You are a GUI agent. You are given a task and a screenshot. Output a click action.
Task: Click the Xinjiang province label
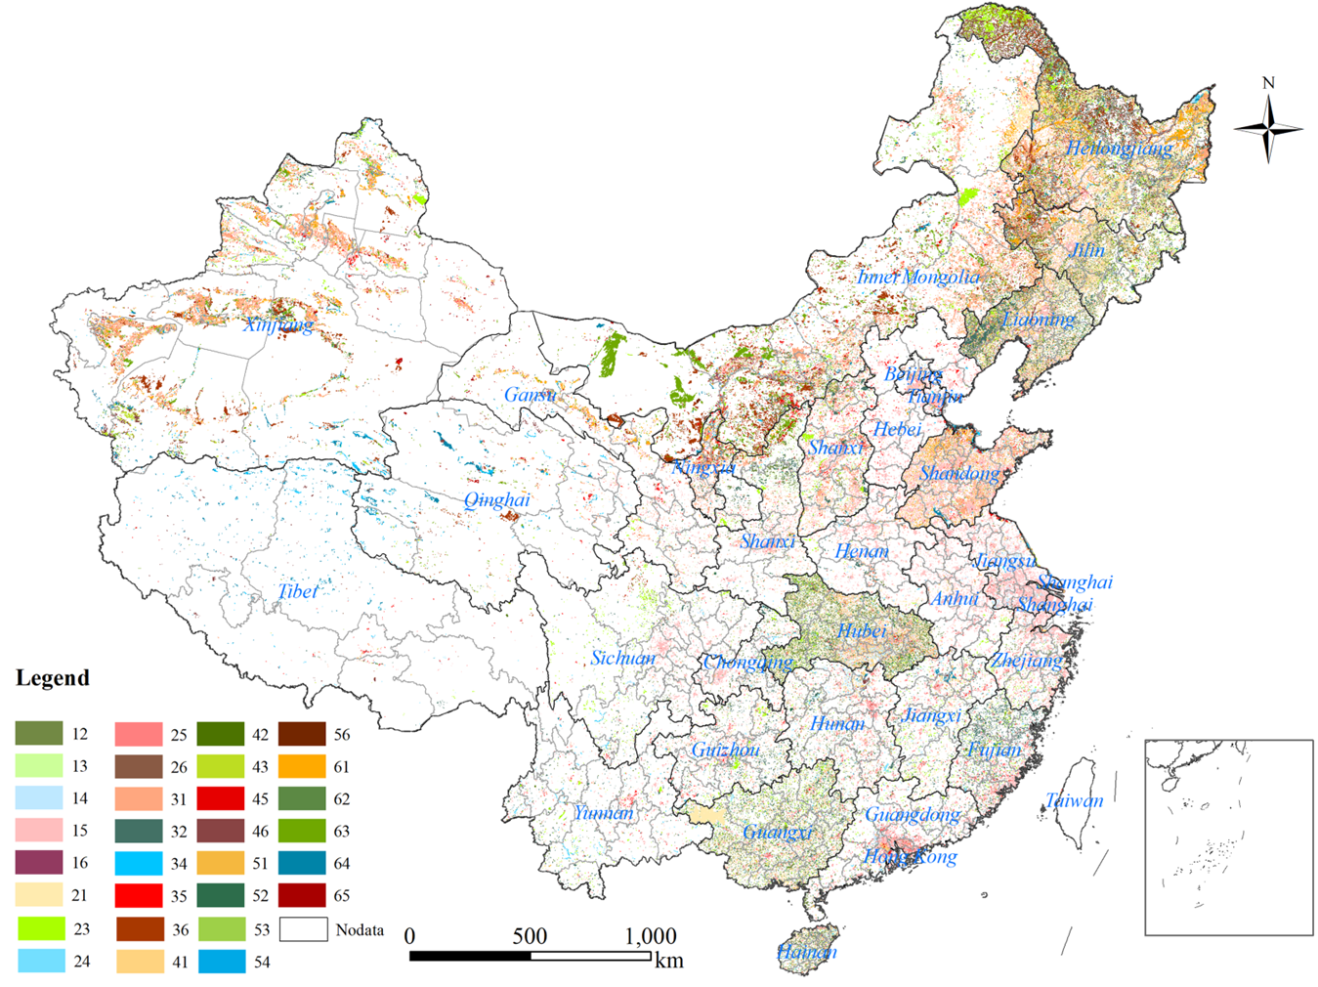pyautogui.click(x=278, y=324)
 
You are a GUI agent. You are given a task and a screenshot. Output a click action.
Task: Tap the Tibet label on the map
pyautogui.click(x=297, y=591)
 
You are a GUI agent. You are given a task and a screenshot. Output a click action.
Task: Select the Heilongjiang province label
pyautogui.click(x=1119, y=149)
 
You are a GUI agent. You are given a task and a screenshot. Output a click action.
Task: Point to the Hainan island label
pyautogui.click(x=807, y=952)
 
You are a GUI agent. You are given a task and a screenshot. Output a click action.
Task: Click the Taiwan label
pyautogui.click(x=1074, y=800)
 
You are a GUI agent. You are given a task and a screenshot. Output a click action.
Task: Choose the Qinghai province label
pyautogui.click(x=496, y=500)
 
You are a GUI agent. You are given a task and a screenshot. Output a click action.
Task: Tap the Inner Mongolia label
pyautogui.click(x=917, y=277)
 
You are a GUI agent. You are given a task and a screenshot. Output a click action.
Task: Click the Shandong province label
pyautogui.click(x=959, y=474)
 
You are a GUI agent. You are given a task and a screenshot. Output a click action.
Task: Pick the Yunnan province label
pyautogui.click(x=603, y=813)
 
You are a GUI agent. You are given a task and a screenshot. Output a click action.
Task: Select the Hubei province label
pyautogui.click(x=861, y=631)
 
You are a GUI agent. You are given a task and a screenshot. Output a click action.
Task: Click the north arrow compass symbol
pyautogui.click(x=1268, y=127)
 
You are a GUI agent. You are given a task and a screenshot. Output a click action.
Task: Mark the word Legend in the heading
pyautogui.click(x=53, y=678)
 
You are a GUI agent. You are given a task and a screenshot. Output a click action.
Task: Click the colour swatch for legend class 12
pyautogui.click(x=39, y=734)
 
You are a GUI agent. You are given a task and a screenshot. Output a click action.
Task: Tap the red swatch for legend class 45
pyautogui.click(x=220, y=798)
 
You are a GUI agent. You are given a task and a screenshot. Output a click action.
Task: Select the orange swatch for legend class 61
pyautogui.click(x=302, y=766)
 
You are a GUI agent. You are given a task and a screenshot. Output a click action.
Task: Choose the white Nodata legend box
pyautogui.click(x=303, y=929)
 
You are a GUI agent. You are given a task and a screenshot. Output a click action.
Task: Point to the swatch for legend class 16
pyautogui.click(x=39, y=863)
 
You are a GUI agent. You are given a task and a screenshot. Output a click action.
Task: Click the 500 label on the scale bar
pyautogui.click(x=530, y=936)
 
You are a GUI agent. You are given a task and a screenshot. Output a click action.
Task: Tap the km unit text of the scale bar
pyautogui.click(x=669, y=960)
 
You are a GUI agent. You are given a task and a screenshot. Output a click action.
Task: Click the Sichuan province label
pyautogui.click(x=622, y=658)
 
